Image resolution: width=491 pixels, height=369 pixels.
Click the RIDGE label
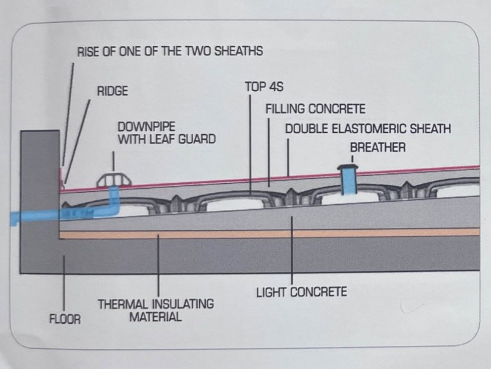[112, 91]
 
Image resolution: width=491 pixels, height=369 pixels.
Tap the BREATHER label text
[377, 148]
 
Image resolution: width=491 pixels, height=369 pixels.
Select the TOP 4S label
[265, 87]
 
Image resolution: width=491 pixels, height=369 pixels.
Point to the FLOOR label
[65, 319]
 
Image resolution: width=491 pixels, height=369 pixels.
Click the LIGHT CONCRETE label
[301, 292]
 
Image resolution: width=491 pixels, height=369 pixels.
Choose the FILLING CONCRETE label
[315, 109]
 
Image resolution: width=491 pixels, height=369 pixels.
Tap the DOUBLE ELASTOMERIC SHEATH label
[368, 129]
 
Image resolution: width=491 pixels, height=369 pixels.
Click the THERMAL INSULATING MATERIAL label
[156, 310]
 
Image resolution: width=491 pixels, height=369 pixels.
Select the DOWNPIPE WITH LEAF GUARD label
[166, 133]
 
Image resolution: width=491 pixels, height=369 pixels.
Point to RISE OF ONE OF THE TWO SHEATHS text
[170, 51]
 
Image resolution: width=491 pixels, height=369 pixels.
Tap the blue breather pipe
[348, 183]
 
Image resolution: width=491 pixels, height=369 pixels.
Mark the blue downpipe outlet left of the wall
[34, 218]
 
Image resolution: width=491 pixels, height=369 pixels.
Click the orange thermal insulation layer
[270, 233]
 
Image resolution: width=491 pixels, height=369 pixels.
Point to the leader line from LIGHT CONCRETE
[292, 249]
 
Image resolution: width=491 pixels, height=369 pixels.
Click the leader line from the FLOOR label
[64, 283]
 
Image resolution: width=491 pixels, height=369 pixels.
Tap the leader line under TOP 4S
[250, 145]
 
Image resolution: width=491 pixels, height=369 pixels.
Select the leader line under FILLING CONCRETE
[269, 152]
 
